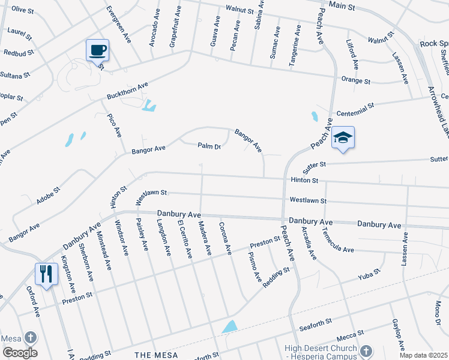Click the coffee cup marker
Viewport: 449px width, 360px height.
click(x=97, y=50)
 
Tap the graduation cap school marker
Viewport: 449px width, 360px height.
click(x=343, y=137)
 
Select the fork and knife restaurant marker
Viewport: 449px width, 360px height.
click(x=46, y=274)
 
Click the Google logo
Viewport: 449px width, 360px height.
click(x=19, y=352)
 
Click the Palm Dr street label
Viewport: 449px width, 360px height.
click(x=210, y=146)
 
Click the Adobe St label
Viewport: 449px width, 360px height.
click(x=48, y=196)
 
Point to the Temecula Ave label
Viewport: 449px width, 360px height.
click(x=337, y=239)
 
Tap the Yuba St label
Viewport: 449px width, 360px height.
click(x=369, y=275)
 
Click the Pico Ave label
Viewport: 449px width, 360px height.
click(x=114, y=124)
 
